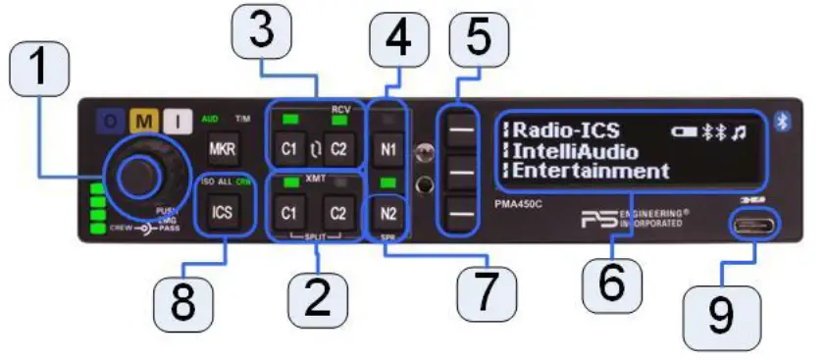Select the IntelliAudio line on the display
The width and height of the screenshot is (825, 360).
(x=577, y=151)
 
